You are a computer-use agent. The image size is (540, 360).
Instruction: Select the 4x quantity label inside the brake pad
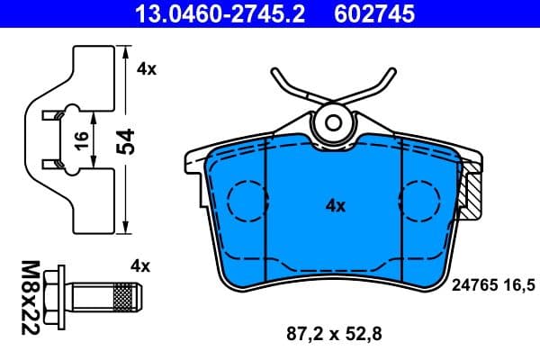click(x=335, y=205)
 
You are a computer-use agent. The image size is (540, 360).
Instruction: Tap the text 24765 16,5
click(x=491, y=283)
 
